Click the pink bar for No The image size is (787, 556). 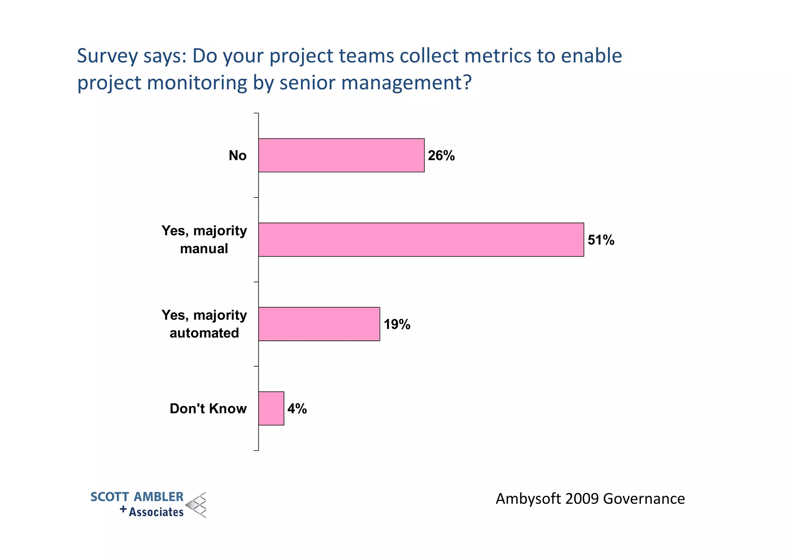tap(341, 155)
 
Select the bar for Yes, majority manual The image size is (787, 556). tap(421, 239)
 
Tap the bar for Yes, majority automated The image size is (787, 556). tap(319, 324)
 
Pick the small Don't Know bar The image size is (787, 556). tap(271, 408)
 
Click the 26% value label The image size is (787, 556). tap(441, 156)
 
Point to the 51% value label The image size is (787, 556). tap(601, 240)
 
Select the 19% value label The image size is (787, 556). tap(397, 325)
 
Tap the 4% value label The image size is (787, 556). tap(297, 409)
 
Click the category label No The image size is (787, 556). tap(237, 156)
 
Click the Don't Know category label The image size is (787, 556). tap(208, 409)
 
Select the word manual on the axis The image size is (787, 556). tap(204, 249)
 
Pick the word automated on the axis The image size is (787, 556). tap(204, 333)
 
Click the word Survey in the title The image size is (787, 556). tap(107, 56)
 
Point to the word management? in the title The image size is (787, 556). tap(406, 83)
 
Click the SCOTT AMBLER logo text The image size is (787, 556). tap(137, 497)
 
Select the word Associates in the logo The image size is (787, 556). tap(156, 512)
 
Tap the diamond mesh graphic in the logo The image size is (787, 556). tap(196, 505)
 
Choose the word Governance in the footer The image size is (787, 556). tap(644, 499)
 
